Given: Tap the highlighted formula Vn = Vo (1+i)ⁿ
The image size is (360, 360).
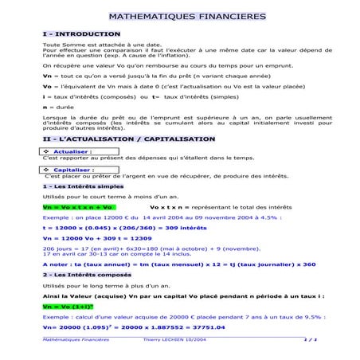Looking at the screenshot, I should tap(68, 306).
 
